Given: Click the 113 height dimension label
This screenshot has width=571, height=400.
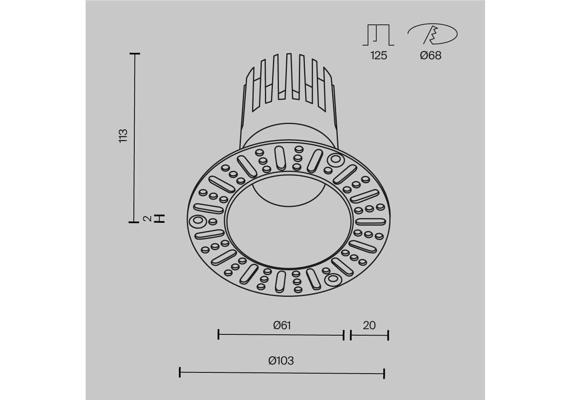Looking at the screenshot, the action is [123, 136].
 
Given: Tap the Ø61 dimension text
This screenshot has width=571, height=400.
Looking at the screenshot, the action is [282, 326].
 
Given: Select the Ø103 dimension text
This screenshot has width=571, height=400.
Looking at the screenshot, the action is [281, 361].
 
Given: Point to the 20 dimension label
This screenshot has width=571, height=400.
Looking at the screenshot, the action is [369, 325].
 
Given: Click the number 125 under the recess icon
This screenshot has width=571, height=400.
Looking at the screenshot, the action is [379, 55].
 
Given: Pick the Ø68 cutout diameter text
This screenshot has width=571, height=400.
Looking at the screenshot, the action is [430, 55].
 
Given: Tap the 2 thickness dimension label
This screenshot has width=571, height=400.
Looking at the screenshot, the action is [147, 219].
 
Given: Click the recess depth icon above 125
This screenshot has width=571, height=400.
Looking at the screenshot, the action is [378, 35].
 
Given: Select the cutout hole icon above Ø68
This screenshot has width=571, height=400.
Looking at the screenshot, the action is [433, 34].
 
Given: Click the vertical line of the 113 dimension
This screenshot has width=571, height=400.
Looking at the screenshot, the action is [135, 138].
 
